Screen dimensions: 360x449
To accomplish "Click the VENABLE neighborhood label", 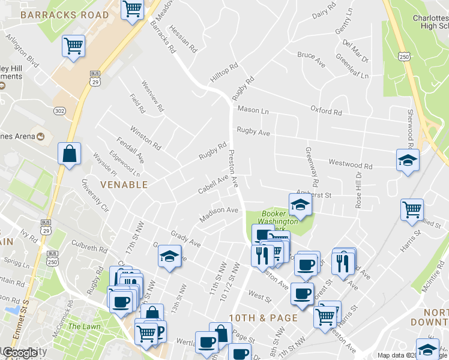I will point(124,185).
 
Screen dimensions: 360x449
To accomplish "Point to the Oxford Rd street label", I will point(326,111).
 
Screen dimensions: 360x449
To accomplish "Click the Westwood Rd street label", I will point(350,165).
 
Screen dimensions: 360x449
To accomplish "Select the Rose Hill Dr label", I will point(358,191).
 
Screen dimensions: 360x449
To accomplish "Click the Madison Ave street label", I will point(219,214).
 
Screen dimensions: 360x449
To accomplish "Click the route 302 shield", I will point(59,111).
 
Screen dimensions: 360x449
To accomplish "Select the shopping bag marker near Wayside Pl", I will point(70,153).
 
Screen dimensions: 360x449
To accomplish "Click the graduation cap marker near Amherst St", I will point(300,205).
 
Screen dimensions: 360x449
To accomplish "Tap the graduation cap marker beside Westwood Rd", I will point(408,160).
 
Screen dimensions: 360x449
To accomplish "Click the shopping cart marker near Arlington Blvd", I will point(73,46).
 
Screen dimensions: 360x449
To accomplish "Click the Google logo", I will point(19,353).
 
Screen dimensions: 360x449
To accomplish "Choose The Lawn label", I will point(80,326).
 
